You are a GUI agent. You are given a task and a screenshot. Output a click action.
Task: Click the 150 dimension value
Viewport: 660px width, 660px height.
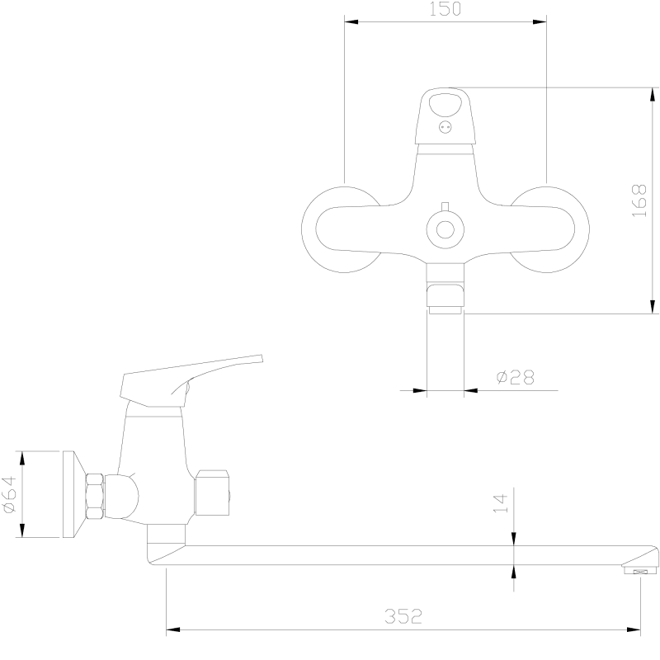point(445,9)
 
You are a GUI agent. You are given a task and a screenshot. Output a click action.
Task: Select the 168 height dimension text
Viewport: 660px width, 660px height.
point(639,200)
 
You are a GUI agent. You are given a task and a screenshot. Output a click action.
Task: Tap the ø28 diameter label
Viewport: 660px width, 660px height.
point(515,377)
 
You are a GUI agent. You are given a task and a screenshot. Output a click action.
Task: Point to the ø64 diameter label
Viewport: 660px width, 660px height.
point(9,494)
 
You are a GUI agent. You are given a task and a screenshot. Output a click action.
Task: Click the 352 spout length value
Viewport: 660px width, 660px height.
point(403,616)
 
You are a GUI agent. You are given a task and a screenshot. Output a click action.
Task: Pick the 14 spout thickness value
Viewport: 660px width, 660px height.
point(501,503)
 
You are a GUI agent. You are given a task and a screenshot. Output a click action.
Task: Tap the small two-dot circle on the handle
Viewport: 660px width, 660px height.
point(445,127)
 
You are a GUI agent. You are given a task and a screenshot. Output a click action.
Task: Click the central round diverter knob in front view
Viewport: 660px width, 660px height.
point(445,230)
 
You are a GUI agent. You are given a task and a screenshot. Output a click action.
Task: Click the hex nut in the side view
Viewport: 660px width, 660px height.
point(95,497)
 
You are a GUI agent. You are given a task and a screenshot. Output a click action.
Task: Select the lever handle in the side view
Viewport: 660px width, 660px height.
point(191,380)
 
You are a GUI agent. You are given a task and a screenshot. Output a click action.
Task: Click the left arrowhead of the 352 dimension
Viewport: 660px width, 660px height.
point(173,630)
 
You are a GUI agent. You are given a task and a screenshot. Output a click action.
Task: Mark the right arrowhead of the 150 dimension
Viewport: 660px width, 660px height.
point(540,22)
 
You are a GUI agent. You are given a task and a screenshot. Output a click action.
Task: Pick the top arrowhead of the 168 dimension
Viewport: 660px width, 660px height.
point(653,94)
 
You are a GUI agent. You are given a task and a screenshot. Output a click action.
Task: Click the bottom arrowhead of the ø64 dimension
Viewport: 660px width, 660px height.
point(22,530)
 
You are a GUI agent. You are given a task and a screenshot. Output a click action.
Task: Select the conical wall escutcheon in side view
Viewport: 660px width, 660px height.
point(74,494)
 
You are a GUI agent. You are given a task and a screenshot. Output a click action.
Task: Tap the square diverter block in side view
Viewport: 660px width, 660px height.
point(213,493)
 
